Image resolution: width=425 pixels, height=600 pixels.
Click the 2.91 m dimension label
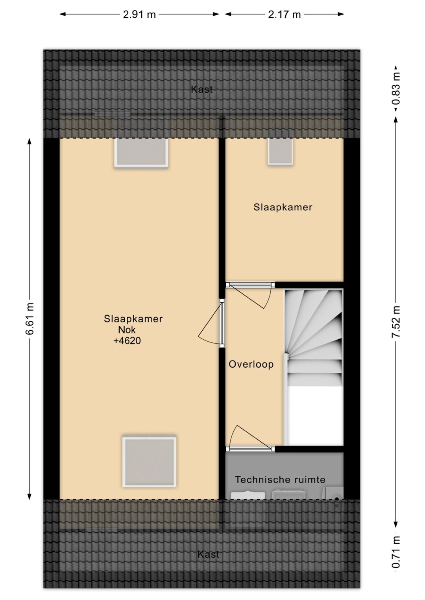point(139,15)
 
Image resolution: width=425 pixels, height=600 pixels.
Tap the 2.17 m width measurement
point(284,15)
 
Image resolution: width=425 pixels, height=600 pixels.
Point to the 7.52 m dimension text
point(396,322)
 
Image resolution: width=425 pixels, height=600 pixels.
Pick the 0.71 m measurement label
point(396,552)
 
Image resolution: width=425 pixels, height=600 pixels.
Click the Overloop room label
point(251,364)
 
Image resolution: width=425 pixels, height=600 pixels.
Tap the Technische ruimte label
point(280,480)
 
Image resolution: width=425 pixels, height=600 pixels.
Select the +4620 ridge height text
point(127,341)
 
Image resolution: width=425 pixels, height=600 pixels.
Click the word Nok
point(127,330)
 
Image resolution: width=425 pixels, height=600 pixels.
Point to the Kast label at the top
point(202,90)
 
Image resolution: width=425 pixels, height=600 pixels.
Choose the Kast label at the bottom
point(209,554)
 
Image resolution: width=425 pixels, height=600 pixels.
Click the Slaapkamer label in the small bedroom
point(283,207)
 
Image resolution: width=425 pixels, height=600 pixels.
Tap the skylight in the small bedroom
point(281,152)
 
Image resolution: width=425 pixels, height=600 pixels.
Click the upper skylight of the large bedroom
point(141,153)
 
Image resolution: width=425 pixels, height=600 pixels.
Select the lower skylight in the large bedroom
point(149,461)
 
